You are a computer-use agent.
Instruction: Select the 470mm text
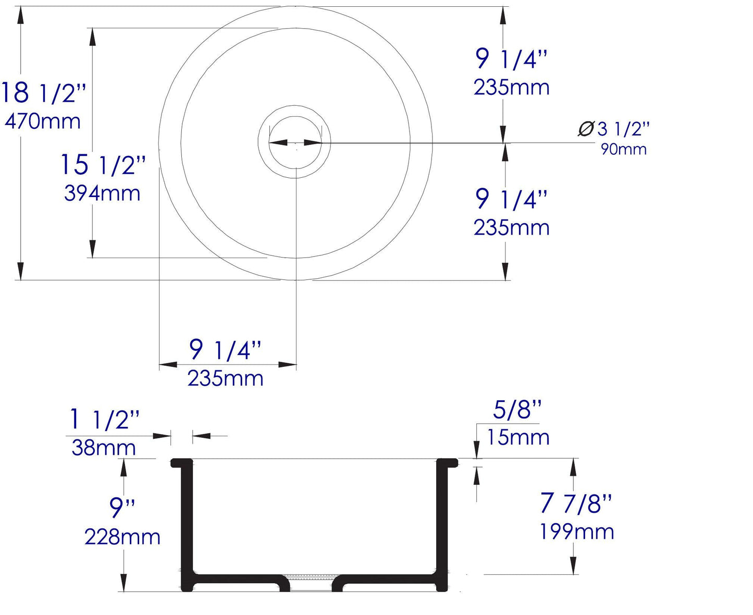point(43,121)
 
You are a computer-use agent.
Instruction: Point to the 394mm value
point(102,193)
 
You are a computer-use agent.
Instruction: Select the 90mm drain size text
point(623,149)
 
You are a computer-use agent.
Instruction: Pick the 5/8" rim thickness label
point(517,410)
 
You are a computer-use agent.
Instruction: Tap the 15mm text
point(518,437)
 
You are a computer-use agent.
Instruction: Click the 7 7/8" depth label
point(576,503)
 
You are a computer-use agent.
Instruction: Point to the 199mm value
point(576,532)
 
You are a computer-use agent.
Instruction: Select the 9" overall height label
point(122,508)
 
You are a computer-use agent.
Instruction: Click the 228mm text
point(122,537)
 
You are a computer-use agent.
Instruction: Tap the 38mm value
point(104,448)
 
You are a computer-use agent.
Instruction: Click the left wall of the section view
point(187,521)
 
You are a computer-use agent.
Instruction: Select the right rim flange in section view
point(447,462)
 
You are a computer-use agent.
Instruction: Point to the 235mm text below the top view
point(225,378)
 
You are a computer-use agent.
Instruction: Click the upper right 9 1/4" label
point(511,59)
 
